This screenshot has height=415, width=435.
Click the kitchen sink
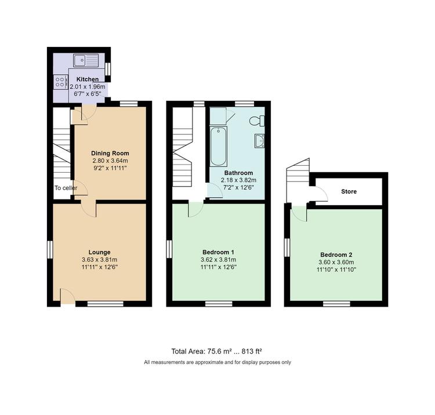click(86, 60)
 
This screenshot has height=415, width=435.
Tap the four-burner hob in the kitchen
click(61, 82)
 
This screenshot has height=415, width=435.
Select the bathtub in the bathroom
click(218, 147)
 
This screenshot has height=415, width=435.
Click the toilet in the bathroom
click(257, 121)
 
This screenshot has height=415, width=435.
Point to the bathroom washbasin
click(259, 140)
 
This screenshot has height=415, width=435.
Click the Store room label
click(349, 191)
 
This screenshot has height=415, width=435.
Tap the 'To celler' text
click(66, 188)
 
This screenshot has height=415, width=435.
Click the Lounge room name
click(99, 252)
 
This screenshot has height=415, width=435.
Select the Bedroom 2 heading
click(336, 255)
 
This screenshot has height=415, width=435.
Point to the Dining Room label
click(110, 153)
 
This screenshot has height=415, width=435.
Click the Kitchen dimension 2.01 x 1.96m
click(88, 86)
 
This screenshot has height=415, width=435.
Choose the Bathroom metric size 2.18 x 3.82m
click(238, 180)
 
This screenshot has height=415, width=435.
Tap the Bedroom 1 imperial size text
click(218, 267)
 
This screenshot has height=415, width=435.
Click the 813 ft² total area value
click(252, 351)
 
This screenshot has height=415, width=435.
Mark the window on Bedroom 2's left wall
click(287, 247)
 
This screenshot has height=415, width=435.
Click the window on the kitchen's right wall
click(108, 68)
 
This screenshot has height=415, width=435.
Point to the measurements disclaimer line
click(217, 362)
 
